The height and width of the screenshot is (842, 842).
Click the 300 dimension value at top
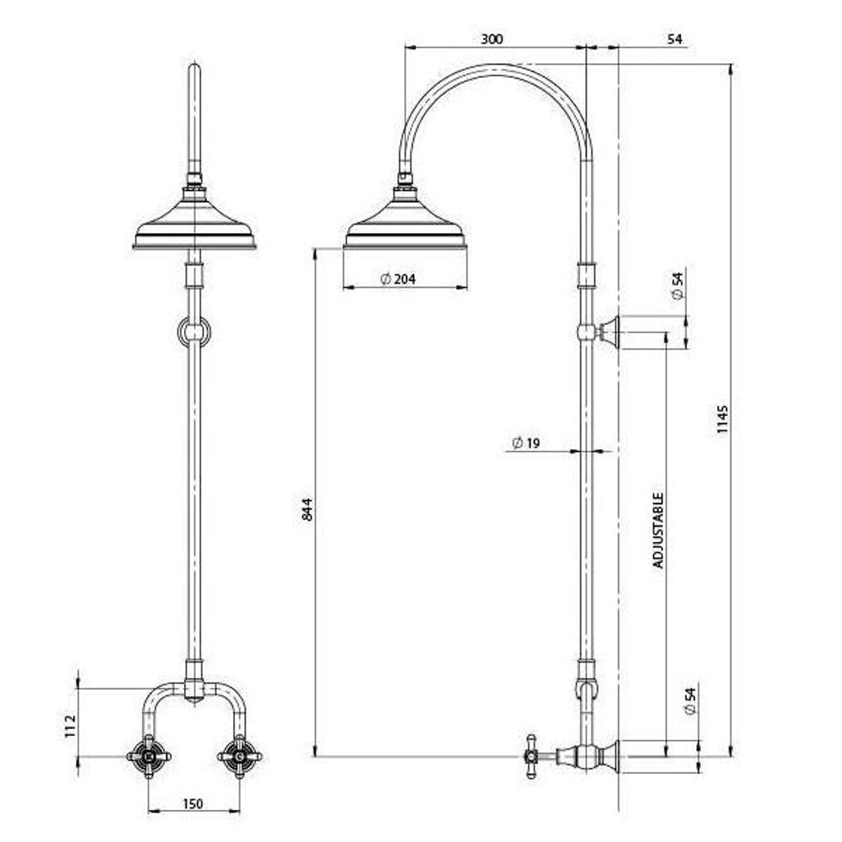click(491, 39)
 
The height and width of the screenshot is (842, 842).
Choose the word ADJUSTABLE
click(659, 529)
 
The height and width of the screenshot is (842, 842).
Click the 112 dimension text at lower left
click(70, 727)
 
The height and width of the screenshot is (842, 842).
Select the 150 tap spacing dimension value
click(193, 804)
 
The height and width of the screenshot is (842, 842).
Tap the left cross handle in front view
click(148, 755)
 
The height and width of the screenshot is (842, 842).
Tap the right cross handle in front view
click(239, 755)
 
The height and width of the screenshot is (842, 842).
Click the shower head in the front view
click(194, 225)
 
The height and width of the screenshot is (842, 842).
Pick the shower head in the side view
click(405, 225)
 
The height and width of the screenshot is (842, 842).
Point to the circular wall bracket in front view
click(194, 332)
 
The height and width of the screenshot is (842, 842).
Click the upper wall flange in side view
click(610, 332)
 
